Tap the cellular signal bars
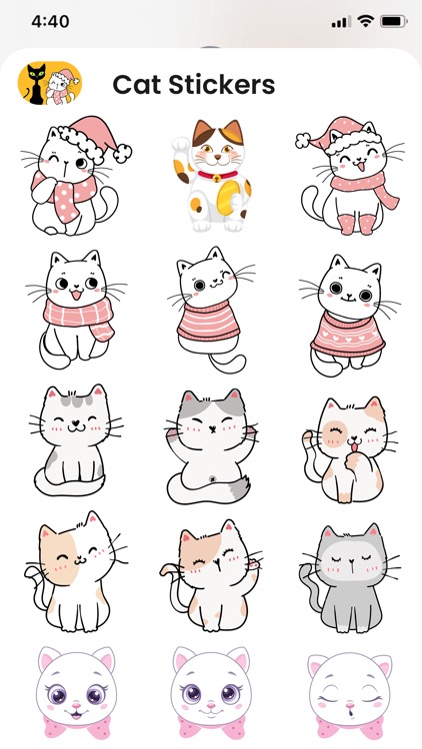(340, 21)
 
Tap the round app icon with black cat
(50, 84)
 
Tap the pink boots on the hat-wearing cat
(357, 224)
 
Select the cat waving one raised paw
(211, 574)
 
